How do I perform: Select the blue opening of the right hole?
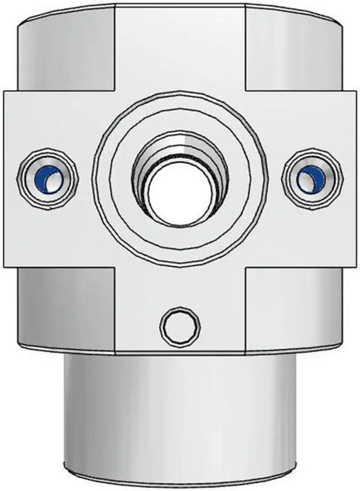point(311,179)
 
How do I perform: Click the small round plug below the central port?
point(180,326)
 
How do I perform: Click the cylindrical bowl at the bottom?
point(180,411)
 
